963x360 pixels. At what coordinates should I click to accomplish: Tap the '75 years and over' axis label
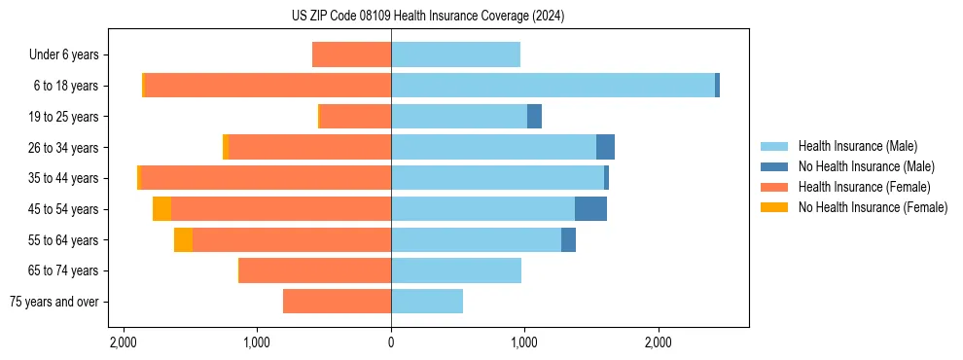coord(54,302)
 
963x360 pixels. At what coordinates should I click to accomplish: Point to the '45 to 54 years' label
coord(64,209)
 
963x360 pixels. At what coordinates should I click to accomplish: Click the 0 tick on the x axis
coord(391,342)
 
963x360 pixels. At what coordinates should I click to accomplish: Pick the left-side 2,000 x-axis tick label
coord(124,342)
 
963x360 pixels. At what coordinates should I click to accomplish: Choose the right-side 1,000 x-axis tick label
coord(524,342)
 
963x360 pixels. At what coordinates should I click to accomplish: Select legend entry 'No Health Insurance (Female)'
coord(873,207)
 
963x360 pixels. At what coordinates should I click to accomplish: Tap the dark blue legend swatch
coord(775,166)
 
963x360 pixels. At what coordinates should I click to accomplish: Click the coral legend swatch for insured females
coord(775,187)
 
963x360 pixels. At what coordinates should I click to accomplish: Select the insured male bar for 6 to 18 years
coord(553,86)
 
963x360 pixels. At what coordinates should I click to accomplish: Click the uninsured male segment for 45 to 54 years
coord(590,209)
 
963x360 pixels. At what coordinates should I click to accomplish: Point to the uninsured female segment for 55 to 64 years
coord(183,240)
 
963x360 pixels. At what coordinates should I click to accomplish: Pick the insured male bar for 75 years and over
coord(427,302)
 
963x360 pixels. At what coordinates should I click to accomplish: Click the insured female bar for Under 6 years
coord(351,55)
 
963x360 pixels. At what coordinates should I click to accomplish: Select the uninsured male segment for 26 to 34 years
coord(605,147)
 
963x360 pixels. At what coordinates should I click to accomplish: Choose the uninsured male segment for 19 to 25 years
coord(534,117)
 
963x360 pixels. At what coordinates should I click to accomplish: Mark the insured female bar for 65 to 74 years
coord(315,270)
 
